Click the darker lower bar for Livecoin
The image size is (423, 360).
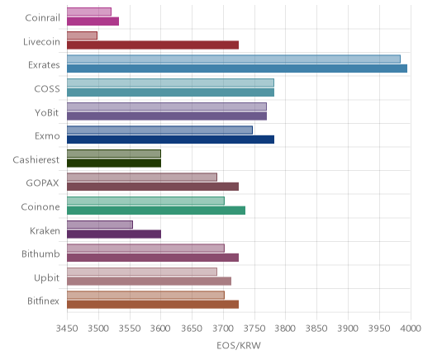tap(153, 45)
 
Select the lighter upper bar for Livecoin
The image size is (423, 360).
tap(82, 36)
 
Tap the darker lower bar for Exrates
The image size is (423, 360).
tap(237, 69)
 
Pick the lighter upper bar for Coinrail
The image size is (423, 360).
tap(89, 12)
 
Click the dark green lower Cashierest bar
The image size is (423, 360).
tap(114, 163)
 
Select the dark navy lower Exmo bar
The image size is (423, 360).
tap(170, 140)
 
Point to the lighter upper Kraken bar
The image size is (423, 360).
tap(100, 225)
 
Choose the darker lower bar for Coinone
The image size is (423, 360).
tap(156, 211)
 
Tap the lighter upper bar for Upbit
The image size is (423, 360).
tap(142, 272)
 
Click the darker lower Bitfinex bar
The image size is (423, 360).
tap(153, 305)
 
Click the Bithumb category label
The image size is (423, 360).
tap(40, 253)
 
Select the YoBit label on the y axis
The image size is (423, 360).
tap(47, 112)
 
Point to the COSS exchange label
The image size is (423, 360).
tap(47, 88)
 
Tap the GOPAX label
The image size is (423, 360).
tap(42, 183)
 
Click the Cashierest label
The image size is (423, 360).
tap(36, 159)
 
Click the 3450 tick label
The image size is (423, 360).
tap(67, 329)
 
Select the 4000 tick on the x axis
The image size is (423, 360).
tap(411, 329)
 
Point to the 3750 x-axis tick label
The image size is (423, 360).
tap(254, 329)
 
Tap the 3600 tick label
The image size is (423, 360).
tap(160, 329)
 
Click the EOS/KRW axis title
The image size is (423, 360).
tap(239, 345)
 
